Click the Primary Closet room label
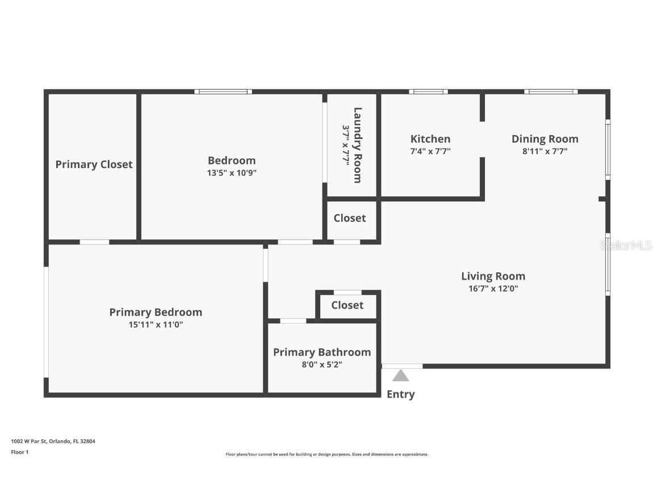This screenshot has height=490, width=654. click(x=94, y=164)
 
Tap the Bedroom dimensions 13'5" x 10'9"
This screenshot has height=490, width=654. click(x=232, y=173)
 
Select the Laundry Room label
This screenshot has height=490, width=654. click(x=357, y=145)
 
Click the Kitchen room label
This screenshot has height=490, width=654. click(x=430, y=139)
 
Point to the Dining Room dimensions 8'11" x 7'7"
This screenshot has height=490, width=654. click(x=544, y=151)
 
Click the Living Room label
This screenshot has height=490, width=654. click(x=493, y=276)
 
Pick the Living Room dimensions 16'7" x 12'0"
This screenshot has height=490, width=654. click(x=493, y=289)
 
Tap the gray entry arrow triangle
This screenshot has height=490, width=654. click(x=401, y=375)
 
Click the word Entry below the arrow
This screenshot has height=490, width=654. click(x=401, y=394)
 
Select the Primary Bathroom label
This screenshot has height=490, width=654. click(x=322, y=352)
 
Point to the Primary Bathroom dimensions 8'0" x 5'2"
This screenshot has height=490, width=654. click(x=322, y=365)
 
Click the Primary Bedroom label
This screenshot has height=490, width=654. click(x=156, y=312)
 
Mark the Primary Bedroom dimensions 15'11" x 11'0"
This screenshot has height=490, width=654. click(x=156, y=325)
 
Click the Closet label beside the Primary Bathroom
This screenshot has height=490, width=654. click(x=347, y=305)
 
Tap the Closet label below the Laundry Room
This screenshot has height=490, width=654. click(x=350, y=218)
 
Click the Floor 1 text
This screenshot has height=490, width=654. click(x=19, y=452)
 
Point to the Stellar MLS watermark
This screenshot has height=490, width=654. click(x=626, y=245)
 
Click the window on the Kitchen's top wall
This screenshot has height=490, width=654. click(x=428, y=91)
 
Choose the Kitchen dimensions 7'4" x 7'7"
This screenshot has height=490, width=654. click(x=430, y=151)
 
